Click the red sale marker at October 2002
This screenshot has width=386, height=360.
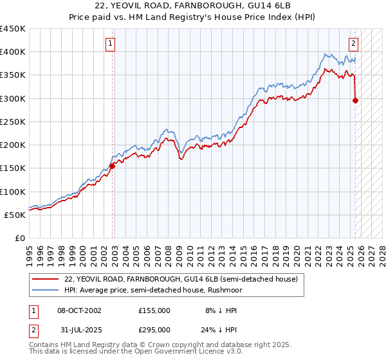(x=112, y=166)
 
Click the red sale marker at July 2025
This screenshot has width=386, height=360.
(x=356, y=100)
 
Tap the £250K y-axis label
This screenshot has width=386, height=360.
(x=13, y=122)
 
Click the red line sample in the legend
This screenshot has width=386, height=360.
(x=46, y=280)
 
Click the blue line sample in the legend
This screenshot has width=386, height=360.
(x=46, y=291)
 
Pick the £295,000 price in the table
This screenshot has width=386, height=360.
(x=154, y=329)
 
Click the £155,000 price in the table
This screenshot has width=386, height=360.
(x=154, y=310)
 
